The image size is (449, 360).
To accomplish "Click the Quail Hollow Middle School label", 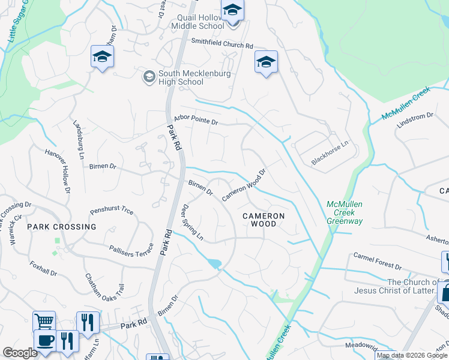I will coord(197,22).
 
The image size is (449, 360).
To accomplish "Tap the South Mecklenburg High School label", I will coord(181,77).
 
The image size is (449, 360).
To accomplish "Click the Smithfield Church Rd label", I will coord(222,44).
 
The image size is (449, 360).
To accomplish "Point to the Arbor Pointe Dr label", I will coord(195,121).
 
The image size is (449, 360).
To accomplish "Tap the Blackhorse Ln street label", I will coord(330,157).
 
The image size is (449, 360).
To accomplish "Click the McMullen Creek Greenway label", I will coord(345,212).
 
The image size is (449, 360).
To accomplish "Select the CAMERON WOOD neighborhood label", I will coord(263,220).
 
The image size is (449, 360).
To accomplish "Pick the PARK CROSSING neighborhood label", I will coord(61,227).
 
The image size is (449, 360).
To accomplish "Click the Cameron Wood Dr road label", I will coord(244,185).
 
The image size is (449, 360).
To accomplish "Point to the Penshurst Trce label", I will coord(111,211).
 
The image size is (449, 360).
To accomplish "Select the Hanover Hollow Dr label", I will coord(58,171).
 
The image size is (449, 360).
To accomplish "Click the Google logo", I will coord(20,353).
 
